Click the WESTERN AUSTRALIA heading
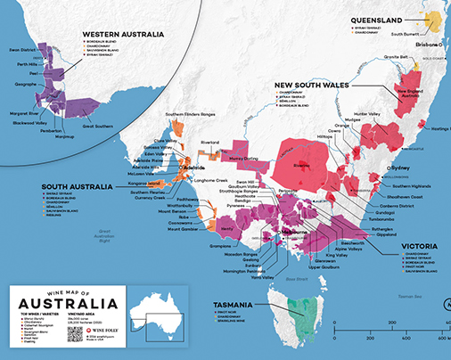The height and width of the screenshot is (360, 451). [123, 34]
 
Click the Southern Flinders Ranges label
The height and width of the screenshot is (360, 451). [184, 115]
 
